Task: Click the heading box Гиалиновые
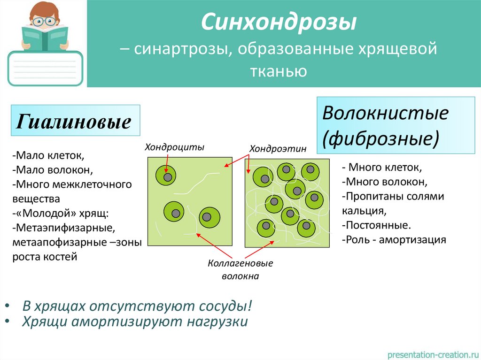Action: coord(74,122)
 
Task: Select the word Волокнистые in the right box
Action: coord(386,113)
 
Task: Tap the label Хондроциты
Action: coord(174,147)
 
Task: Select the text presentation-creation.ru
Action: coord(433,353)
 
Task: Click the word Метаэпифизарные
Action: coord(64,228)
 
